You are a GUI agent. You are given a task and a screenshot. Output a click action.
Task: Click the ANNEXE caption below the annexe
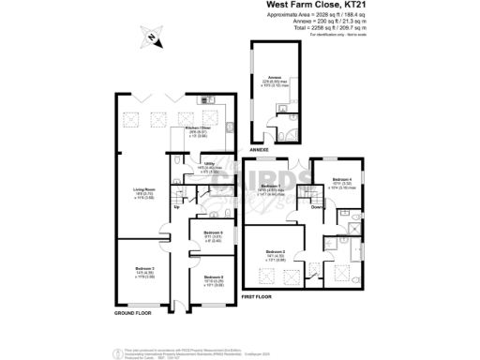tap(259, 149)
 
